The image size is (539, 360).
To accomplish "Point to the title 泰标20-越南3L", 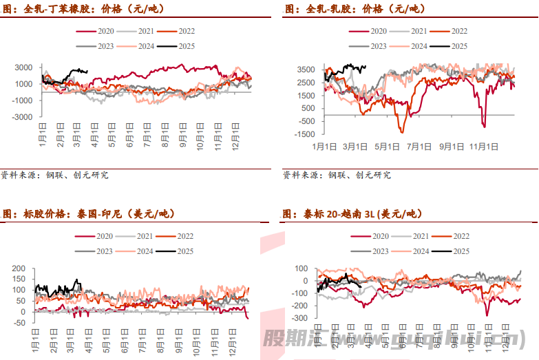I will click(351, 215).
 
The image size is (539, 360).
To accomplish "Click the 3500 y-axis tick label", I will click(306, 70).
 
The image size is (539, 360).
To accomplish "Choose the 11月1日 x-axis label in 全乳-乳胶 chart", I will click(484, 147).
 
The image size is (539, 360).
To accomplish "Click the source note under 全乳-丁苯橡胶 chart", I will click(54, 176).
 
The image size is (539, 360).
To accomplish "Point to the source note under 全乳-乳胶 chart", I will click(337, 176).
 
